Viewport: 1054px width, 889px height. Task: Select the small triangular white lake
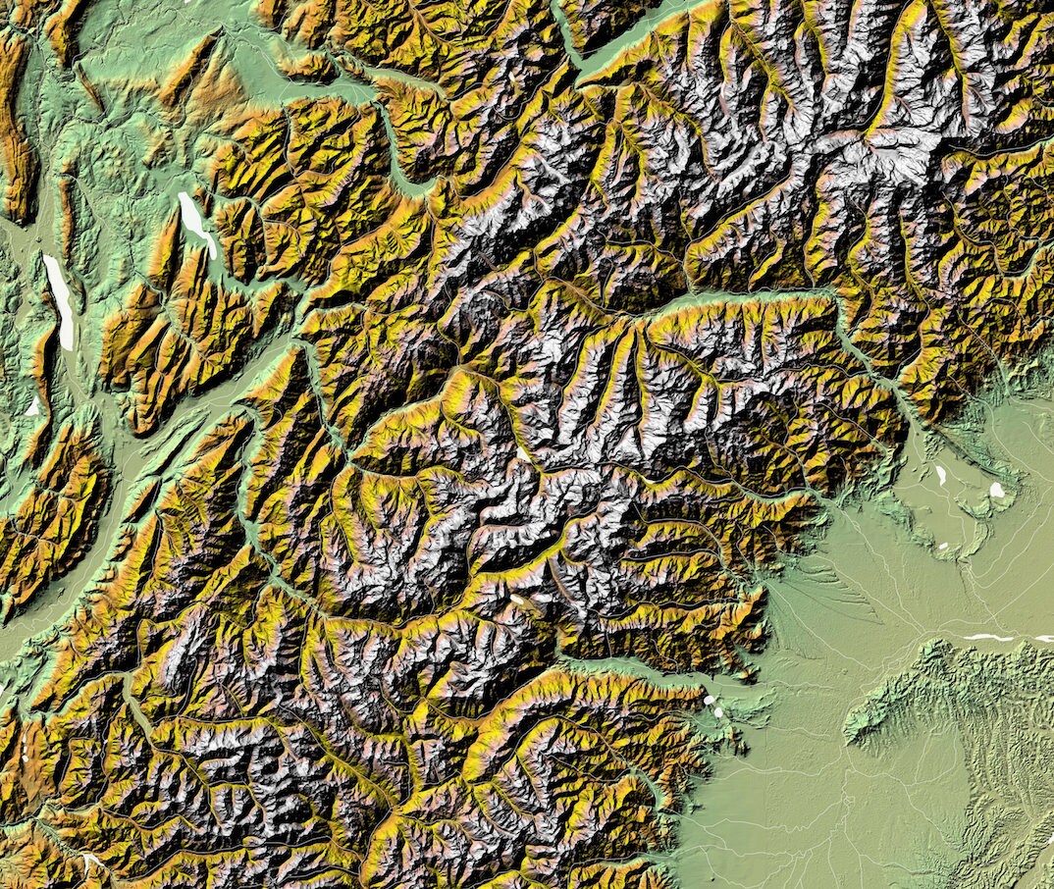(x=33, y=405)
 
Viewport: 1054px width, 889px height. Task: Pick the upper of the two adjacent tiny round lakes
(x=709, y=701)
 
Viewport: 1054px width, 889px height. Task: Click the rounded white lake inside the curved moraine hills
(x=997, y=489)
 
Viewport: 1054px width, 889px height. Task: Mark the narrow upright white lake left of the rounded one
(x=940, y=476)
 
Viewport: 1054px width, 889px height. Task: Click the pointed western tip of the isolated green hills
(x=848, y=731)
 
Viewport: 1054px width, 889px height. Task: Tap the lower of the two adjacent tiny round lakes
(x=719, y=711)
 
